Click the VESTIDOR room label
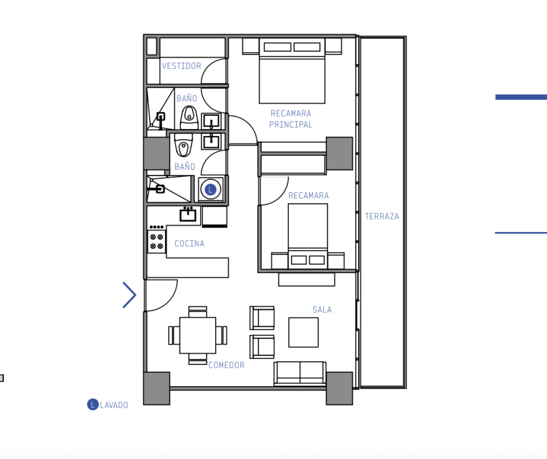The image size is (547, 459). tap(181, 66)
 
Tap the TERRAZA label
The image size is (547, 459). tap(382, 216)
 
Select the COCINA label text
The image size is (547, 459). tap(189, 244)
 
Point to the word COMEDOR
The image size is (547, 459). tap(226, 365)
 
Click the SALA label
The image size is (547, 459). tap(322, 310)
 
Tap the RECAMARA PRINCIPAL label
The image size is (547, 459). tap(291, 119)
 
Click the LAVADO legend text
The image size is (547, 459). tap(114, 405)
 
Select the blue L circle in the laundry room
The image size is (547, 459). tap(211, 189)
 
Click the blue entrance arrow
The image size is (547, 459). tap(129, 295)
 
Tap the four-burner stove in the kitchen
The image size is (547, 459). tap(157, 242)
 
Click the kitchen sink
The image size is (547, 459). tap(188, 214)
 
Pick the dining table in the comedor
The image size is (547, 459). tap(198, 335)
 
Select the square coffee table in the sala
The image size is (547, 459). tap(303, 332)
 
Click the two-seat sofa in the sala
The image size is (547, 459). tap(300, 373)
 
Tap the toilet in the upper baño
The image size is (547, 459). tap(189, 118)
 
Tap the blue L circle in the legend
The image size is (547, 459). tap(93, 404)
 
